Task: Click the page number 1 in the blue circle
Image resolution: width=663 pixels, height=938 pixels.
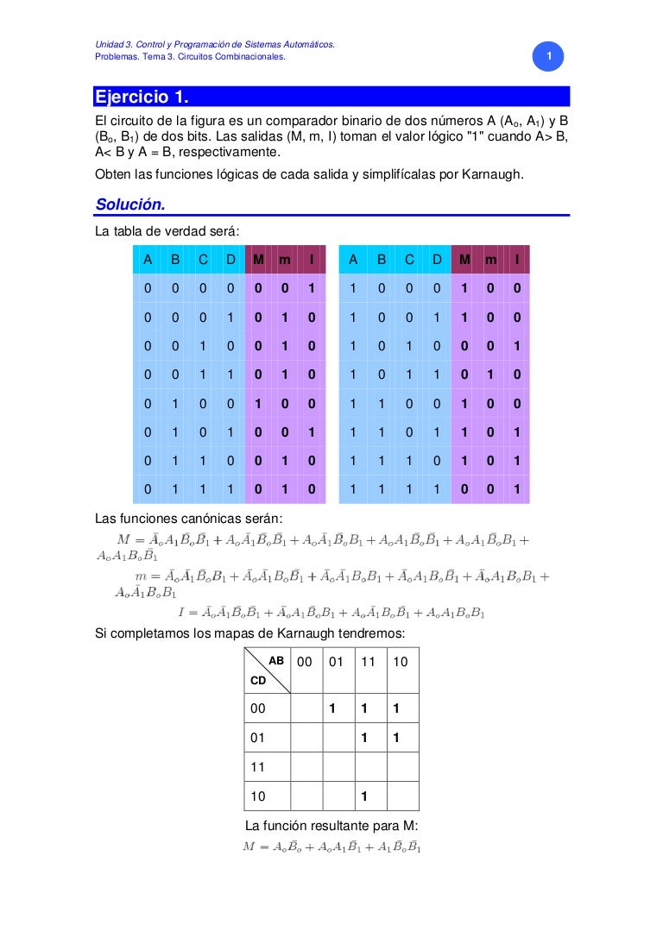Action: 546,58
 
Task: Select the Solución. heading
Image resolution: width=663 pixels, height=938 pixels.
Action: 130,205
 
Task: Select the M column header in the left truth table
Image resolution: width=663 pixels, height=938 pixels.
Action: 258,260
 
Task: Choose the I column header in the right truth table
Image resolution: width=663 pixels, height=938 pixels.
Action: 516,260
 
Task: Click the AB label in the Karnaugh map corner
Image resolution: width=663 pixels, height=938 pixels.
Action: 277,660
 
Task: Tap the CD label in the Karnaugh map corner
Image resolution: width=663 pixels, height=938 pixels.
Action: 258,680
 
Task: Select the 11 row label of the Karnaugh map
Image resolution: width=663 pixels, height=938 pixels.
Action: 258,765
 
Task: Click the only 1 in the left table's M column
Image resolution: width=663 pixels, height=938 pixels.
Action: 258,404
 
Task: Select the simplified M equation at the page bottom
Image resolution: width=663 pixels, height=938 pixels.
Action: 332,847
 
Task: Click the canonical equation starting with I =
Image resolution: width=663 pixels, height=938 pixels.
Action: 332,613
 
